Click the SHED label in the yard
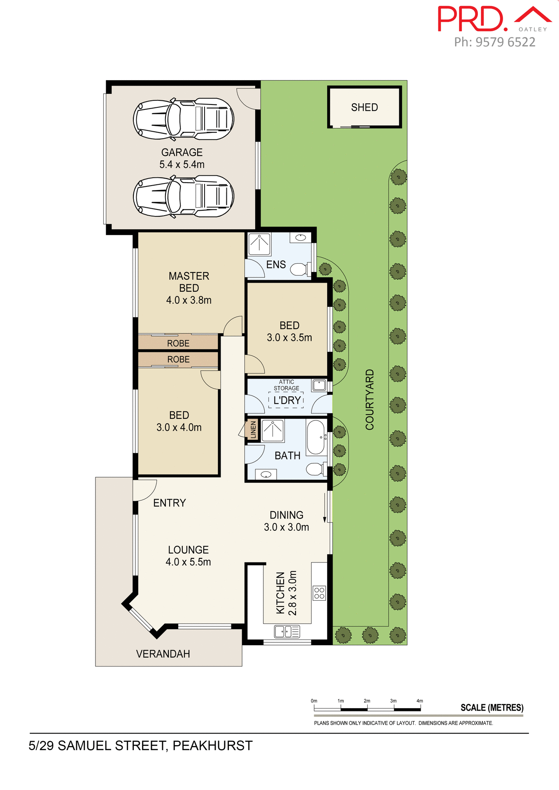coord(364,107)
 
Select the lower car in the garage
coord(184,196)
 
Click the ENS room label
coord(276,265)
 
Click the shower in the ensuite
coord(259,244)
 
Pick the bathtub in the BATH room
coord(316,437)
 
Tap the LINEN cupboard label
coord(253,430)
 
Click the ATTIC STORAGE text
coord(286,385)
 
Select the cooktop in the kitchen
coord(319,593)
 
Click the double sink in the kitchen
coord(287,631)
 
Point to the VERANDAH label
coord(163,654)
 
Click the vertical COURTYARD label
coord(370,400)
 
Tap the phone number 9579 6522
coord(505,42)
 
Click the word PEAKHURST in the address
coord(212,746)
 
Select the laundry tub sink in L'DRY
coord(319,386)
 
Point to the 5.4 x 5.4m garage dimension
coord(182,165)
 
